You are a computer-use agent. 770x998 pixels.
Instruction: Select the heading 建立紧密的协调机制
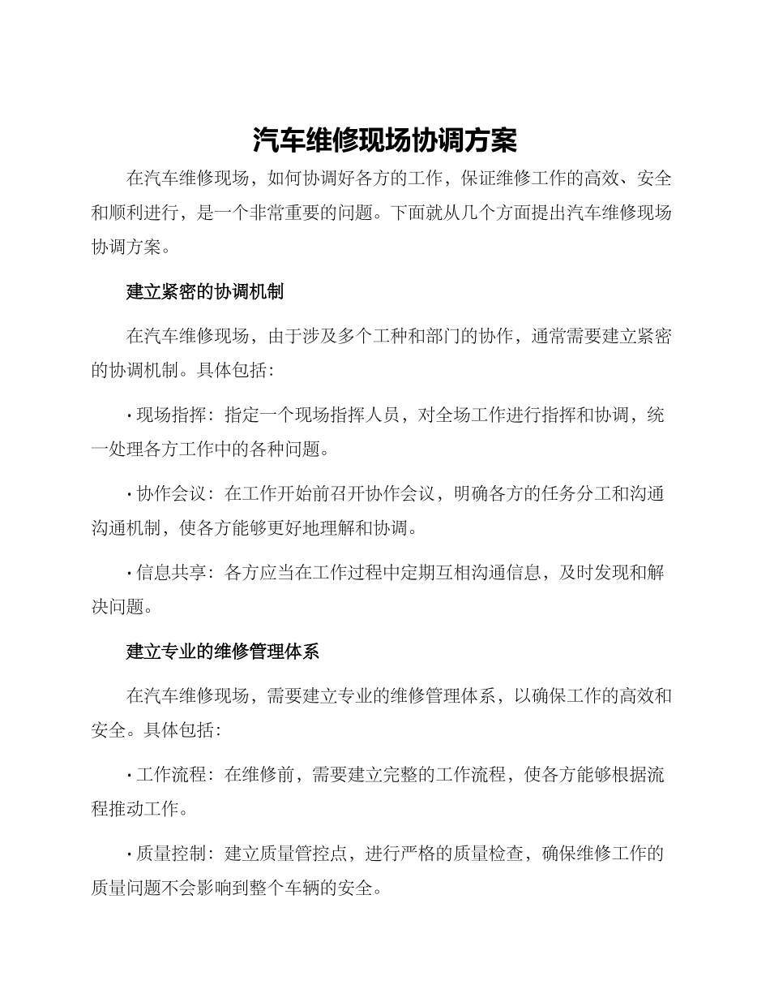coord(204,292)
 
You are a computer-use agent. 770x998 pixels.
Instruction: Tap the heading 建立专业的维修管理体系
coord(223,651)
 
